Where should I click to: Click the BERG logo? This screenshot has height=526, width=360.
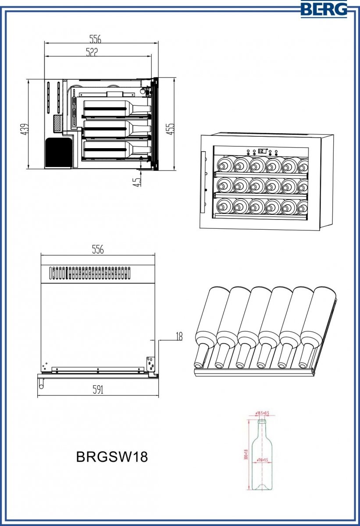324,9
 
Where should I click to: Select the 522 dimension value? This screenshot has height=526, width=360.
92,52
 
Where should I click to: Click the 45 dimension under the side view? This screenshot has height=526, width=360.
137,181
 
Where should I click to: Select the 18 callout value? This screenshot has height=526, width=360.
178,336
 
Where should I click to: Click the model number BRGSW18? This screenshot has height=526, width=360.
112,457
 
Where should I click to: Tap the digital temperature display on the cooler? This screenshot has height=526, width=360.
262,151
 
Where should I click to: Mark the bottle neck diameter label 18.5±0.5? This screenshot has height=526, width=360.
262,413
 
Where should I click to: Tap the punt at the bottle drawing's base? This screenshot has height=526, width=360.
262,487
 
